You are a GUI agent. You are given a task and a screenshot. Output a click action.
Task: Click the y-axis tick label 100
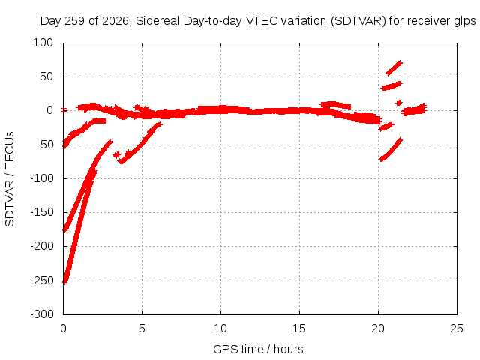click(43, 43)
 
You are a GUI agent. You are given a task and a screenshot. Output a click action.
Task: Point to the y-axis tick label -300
click(42, 314)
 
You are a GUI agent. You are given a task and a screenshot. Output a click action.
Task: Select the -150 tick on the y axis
click(42, 212)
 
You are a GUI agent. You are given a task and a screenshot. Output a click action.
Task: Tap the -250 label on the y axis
click(42, 280)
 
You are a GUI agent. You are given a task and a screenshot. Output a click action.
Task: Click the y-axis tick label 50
click(46, 76)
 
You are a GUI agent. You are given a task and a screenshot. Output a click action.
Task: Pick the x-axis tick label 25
click(457, 328)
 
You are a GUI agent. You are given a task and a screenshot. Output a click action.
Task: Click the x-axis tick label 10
click(220, 328)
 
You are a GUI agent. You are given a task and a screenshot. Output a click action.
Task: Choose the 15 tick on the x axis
click(299, 328)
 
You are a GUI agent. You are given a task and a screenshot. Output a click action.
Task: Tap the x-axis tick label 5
click(142, 328)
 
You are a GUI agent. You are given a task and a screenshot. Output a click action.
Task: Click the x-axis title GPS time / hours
click(258, 349)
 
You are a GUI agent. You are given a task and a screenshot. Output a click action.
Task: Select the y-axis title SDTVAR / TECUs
click(10, 179)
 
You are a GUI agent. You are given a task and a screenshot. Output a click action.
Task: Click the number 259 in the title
click(75, 21)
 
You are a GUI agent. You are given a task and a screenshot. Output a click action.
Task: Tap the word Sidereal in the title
click(157, 21)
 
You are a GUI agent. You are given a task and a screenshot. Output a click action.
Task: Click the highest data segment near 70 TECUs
click(394, 68)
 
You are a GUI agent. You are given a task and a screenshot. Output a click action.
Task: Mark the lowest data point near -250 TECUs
click(64, 281)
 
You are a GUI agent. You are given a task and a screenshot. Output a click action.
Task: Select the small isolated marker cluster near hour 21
click(398, 103)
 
